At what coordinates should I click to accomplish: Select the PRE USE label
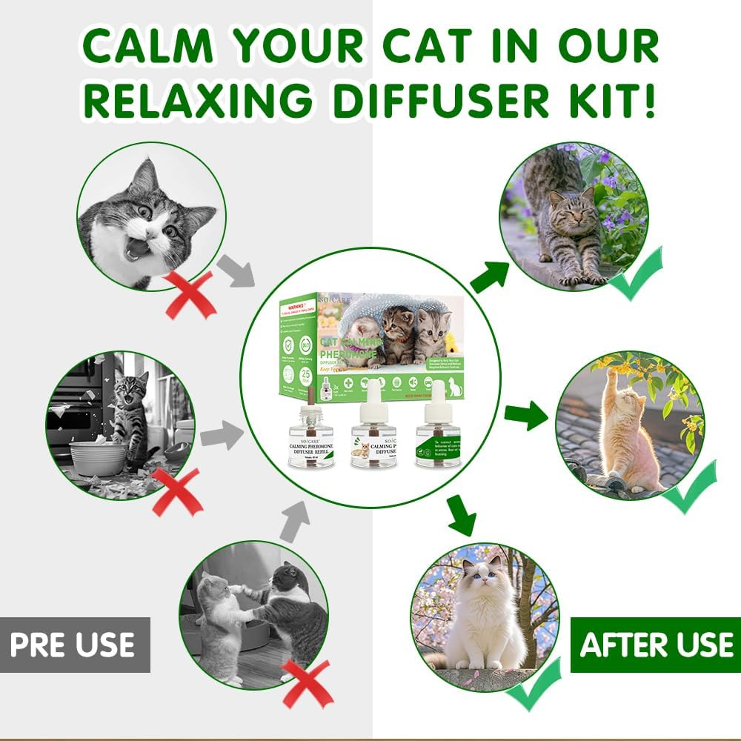tap(73, 644)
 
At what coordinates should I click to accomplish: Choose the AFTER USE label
tap(657, 644)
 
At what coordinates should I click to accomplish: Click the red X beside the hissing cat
tap(190, 293)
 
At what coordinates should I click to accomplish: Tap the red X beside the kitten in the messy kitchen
tap(176, 492)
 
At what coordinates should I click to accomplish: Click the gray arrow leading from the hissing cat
tap(236, 270)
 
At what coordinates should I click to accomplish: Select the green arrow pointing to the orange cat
tap(525, 416)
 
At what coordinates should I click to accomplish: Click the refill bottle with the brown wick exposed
tap(310, 433)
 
